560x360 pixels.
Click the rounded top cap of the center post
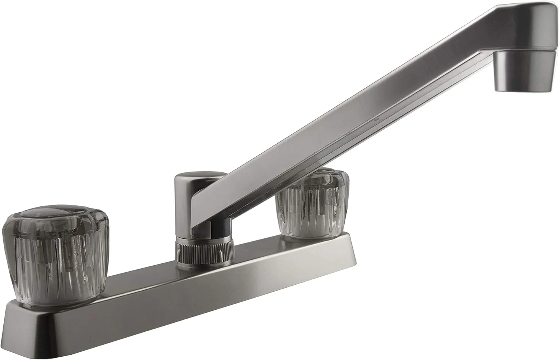(x=200, y=178)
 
